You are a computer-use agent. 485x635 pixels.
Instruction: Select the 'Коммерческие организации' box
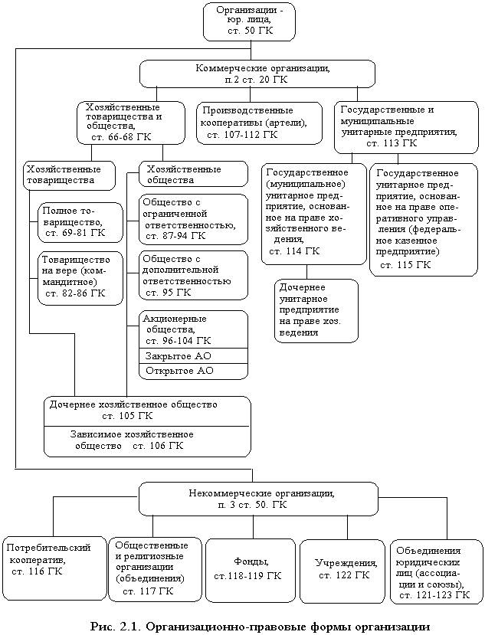(257, 73)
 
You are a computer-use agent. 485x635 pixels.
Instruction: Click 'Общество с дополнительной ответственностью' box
(194, 275)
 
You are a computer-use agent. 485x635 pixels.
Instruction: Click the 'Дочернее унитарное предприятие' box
(316, 310)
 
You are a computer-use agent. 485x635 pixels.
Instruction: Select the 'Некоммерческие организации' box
(257, 499)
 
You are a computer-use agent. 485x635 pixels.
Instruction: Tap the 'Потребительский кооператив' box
(52, 560)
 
